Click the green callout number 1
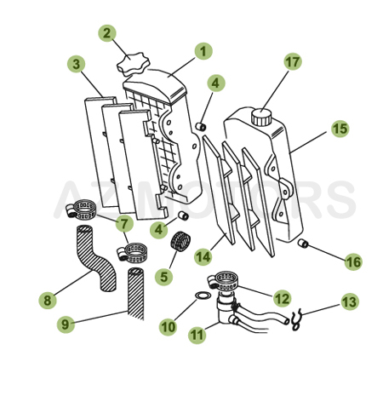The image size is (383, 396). pyautogui.click(x=203, y=51)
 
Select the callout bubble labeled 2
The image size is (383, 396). pyautogui.click(x=107, y=34)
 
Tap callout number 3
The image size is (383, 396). pyautogui.click(x=77, y=64)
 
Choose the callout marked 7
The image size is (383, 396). pyautogui.click(x=125, y=225)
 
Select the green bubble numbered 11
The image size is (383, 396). pyautogui.click(x=197, y=336)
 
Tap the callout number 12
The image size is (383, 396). pyautogui.click(x=282, y=297)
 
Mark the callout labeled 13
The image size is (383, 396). pyautogui.click(x=350, y=301)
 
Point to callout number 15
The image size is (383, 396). pyautogui.click(x=340, y=129)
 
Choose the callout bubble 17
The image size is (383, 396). pyautogui.click(x=293, y=62)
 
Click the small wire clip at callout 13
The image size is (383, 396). pyautogui.click(x=294, y=320)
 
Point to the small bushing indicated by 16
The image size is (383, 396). pyautogui.click(x=302, y=245)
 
